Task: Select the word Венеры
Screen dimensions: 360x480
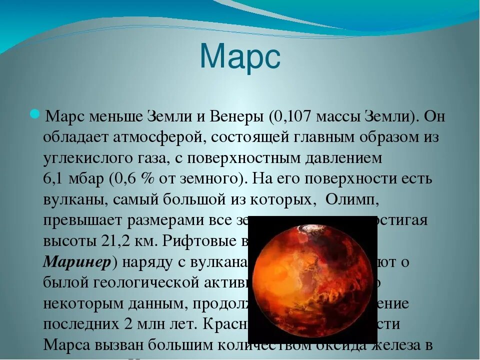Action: coord(236,116)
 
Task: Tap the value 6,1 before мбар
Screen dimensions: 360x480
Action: coord(52,179)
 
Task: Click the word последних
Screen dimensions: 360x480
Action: coord(79,324)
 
